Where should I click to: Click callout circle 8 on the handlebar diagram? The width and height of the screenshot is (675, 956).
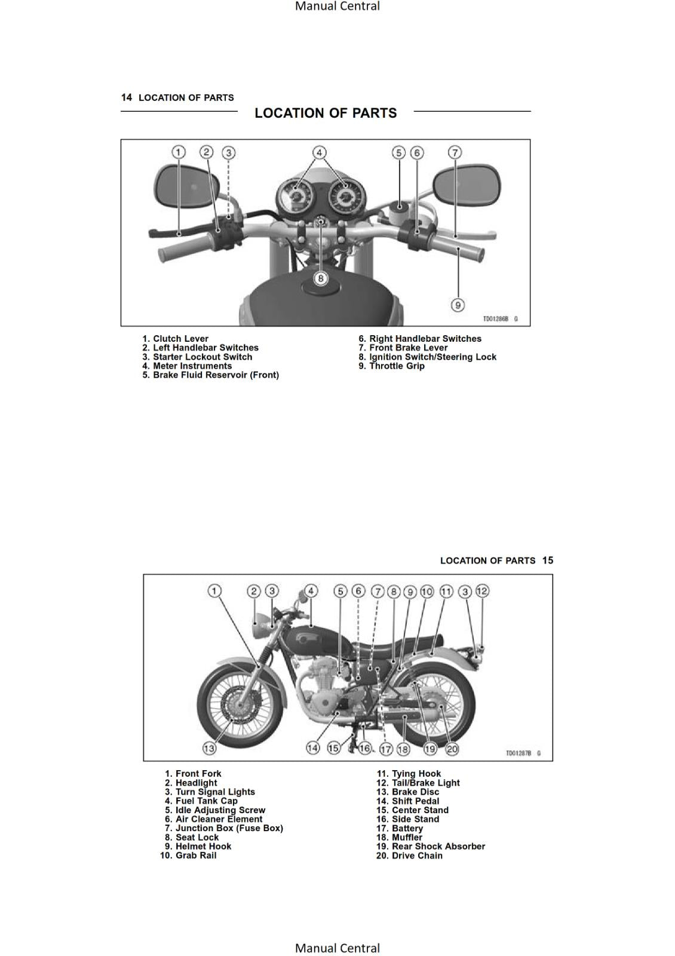(321, 278)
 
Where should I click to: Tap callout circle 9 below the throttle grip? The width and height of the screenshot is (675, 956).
(457, 305)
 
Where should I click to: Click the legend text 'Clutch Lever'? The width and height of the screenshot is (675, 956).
(180, 339)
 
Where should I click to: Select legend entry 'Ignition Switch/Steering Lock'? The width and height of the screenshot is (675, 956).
(432, 357)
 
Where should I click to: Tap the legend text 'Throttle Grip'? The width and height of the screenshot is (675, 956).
(397, 366)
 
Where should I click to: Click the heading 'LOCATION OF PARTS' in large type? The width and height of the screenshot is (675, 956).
(326, 113)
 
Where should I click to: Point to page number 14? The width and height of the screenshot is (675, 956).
(126, 97)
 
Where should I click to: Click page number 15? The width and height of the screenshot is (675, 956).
(548, 560)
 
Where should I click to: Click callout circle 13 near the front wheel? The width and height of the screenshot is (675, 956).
(209, 748)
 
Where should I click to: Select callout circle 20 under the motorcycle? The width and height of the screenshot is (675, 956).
(452, 749)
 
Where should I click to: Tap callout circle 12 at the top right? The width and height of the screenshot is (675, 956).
(482, 591)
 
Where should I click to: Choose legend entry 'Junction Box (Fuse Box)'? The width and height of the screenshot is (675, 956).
(229, 828)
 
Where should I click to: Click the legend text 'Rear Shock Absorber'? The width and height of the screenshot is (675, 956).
(438, 847)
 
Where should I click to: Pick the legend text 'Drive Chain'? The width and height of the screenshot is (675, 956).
(417, 856)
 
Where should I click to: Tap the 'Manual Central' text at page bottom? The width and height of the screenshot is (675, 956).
(337, 948)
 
